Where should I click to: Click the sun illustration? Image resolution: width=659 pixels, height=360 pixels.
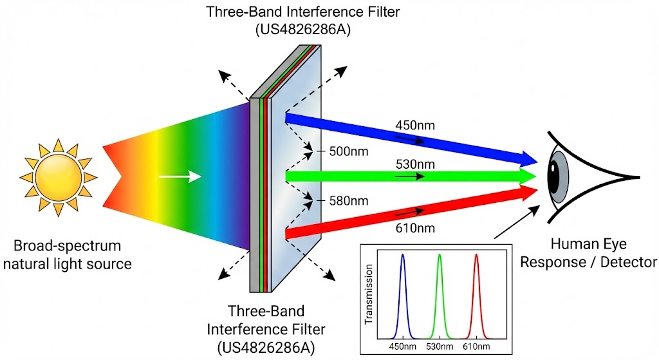pos(59,177)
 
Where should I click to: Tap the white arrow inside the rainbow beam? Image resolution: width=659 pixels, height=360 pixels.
pos(180,176)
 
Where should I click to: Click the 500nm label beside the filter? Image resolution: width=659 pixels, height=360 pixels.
pos(348,151)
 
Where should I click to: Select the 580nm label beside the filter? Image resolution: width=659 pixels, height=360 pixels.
pos(348,201)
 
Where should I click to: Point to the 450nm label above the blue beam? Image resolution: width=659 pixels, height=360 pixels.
pos(415,126)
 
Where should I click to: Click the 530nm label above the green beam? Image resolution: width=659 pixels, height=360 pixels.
pos(415,164)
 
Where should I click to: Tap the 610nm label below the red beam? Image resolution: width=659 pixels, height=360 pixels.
pos(415,228)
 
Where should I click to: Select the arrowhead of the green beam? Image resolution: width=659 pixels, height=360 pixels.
pos(529,176)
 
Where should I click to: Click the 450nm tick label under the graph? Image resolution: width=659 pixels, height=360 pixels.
pos(403,346)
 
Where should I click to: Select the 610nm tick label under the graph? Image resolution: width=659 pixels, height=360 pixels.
pos(476,346)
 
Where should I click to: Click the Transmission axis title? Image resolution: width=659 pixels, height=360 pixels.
pos(369,294)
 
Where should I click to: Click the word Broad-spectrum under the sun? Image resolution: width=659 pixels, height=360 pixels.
pos(67,245)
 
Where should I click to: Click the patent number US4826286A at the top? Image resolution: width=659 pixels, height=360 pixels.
pos(302,30)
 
